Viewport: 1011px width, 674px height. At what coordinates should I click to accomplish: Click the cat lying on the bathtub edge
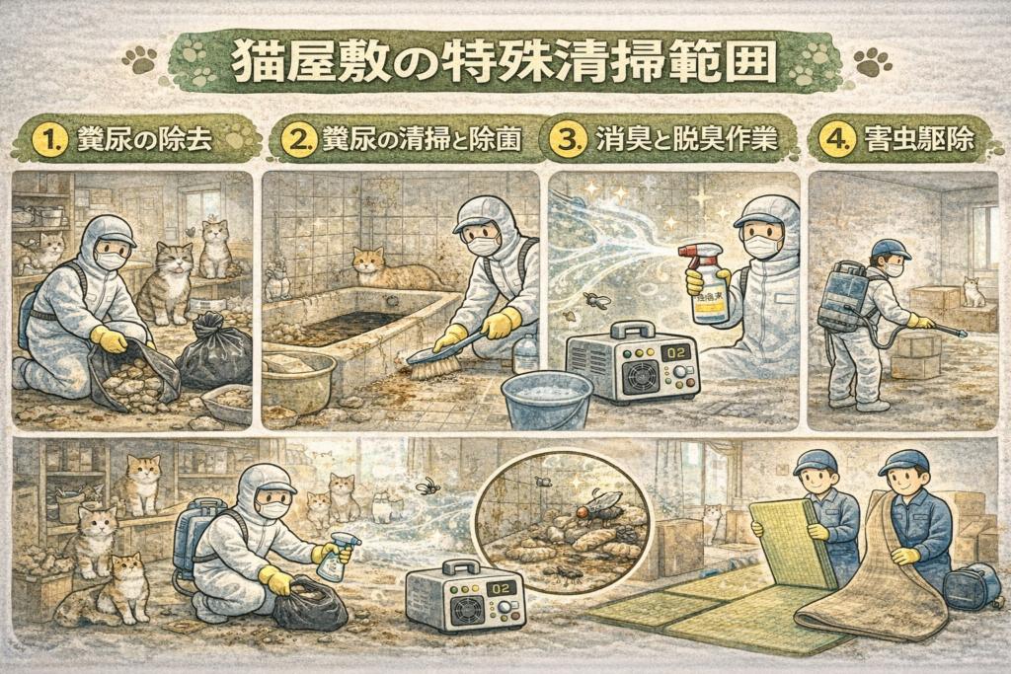click(392, 270)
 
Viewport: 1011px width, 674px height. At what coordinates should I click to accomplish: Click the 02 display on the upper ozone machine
click(675, 354)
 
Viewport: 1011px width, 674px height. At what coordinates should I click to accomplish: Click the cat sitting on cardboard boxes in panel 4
click(972, 292)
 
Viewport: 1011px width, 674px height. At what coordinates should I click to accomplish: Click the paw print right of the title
click(873, 62)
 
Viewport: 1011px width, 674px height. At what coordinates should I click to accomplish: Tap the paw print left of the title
click(138, 59)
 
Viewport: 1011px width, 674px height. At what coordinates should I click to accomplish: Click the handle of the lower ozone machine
click(462, 568)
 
